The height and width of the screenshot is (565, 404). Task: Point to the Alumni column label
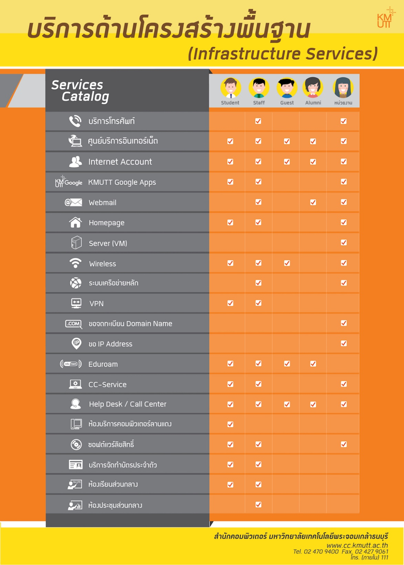tap(313, 103)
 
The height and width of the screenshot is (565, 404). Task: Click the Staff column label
tap(259, 103)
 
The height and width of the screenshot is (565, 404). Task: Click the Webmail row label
tap(102, 203)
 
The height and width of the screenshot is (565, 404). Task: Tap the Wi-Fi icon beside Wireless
tap(76, 263)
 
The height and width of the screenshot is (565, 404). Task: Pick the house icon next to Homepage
tap(76, 223)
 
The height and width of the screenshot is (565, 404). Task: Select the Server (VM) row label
tap(108, 243)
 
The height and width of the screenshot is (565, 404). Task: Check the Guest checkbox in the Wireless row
tap(287, 263)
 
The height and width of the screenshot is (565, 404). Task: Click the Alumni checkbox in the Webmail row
tap(313, 202)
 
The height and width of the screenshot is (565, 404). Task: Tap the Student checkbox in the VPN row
tap(230, 303)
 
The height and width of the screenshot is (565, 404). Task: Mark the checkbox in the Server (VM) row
tap(343, 243)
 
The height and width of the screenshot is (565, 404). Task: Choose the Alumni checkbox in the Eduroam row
tap(313, 364)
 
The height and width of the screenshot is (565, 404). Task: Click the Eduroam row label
tap(103, 364)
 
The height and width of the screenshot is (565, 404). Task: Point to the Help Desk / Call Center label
tap(127, 404)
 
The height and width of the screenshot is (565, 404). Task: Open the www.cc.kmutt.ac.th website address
tap(357, 545)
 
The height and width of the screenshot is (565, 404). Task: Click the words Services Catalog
tap(80, 90)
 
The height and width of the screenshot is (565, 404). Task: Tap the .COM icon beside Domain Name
tap(73, 324)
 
